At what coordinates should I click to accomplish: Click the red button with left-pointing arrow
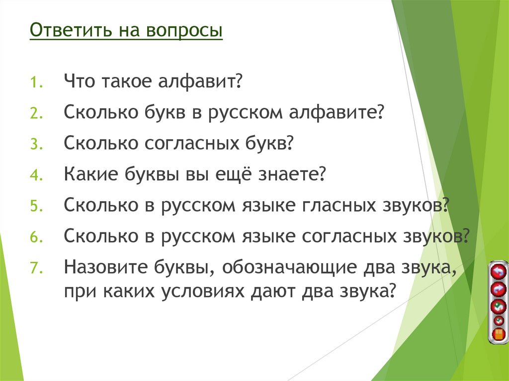point(498,272)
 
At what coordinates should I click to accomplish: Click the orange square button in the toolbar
point(498,334)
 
